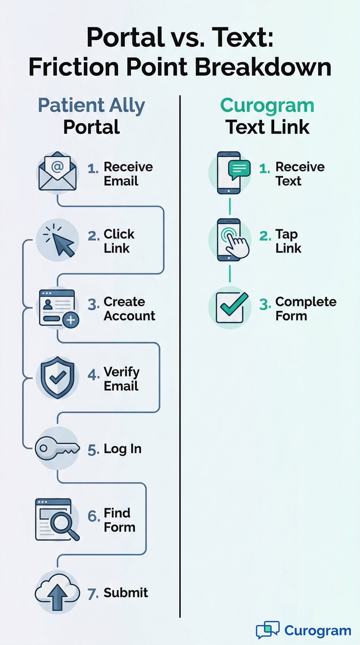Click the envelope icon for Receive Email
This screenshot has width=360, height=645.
[57, 172]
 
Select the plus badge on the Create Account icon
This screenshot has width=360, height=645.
[71, 320]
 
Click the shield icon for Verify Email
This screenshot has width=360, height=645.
[57, 377]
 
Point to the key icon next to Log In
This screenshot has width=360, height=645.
[57, 448]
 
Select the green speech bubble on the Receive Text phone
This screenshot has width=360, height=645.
[240, 169]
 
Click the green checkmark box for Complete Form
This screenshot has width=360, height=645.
[230, 308]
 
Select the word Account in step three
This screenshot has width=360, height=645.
[129, 316]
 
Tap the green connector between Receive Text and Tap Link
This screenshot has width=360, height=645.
[230, 206]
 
